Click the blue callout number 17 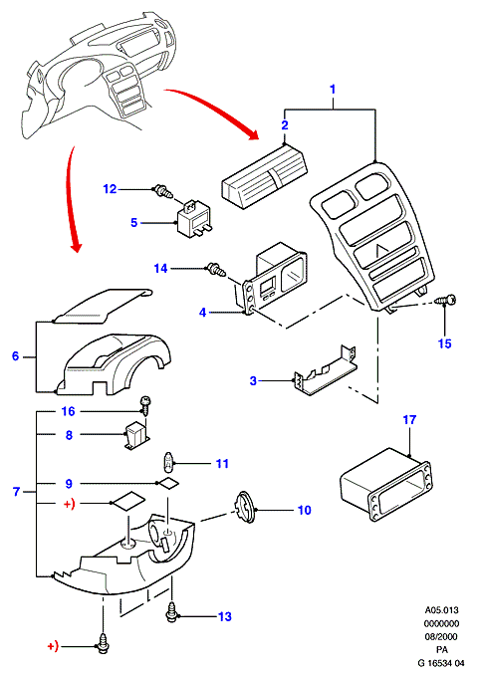409,419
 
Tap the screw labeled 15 445,300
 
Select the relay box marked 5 192,220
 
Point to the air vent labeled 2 264,177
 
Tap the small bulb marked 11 167,464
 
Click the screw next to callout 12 163,191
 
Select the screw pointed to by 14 216,270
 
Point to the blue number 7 16,492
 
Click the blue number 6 16,356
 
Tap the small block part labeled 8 136,436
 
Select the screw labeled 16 145,405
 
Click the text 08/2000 440,636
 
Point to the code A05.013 441,610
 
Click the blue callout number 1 332,90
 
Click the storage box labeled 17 386,483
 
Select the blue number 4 203,313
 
